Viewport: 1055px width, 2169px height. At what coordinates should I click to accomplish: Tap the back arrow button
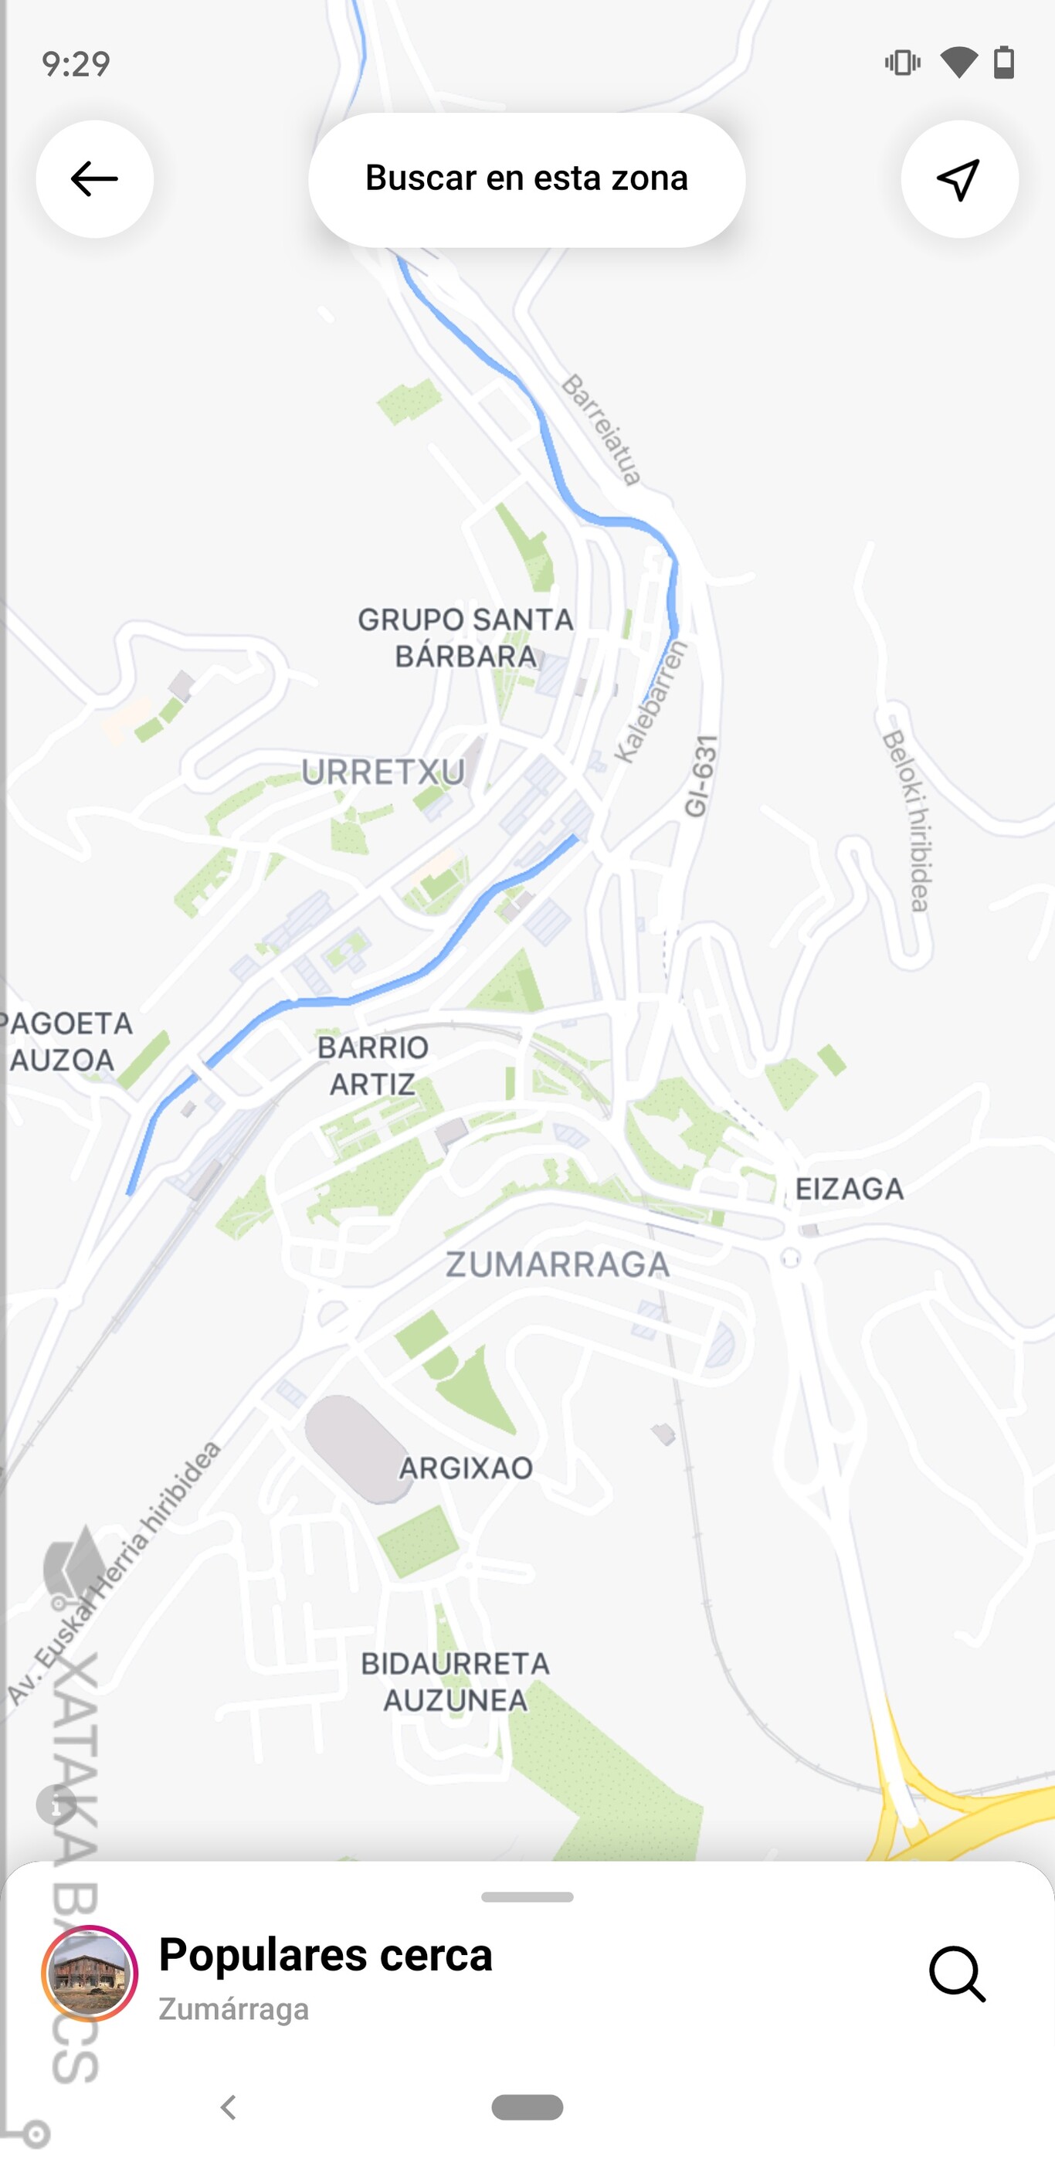[x=94, y=179]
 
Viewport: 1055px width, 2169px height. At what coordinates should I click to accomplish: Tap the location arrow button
[x=959, y=179]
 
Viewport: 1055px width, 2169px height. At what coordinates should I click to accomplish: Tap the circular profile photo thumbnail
[x=90, y=1973]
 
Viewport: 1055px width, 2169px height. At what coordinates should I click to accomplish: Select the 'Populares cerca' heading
[x=325, y=1954]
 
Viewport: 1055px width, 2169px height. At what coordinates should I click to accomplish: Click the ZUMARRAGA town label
[x=558, y=1264]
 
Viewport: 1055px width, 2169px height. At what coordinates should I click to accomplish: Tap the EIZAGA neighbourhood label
[x=850, y=1189]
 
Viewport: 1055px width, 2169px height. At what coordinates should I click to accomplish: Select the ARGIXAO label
[x=466, y=1468]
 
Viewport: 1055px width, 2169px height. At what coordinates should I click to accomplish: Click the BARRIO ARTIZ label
[x=373, y=1066]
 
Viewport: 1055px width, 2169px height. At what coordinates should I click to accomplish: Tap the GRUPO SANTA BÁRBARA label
[x=466, y=637]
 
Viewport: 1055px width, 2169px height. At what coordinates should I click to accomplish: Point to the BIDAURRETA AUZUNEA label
[x=456, y=1682]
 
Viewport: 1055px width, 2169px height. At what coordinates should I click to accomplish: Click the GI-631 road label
[x=701, y=776]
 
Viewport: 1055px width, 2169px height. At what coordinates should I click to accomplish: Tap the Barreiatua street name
[x=601, y=430]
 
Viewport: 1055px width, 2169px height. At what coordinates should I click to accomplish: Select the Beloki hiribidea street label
[x=907, y=821]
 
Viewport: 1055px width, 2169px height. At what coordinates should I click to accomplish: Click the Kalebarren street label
[x=651, y=701]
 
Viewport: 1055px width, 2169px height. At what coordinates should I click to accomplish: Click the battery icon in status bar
[x=1003, y=63]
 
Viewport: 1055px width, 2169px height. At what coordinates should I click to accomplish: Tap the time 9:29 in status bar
[x=76, y=64]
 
